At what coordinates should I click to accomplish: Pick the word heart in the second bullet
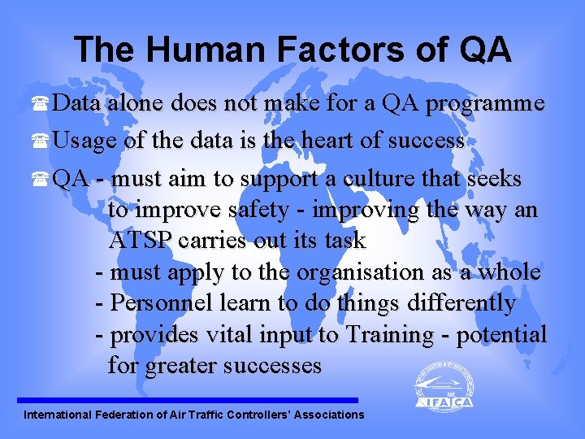click(x=329, y=141)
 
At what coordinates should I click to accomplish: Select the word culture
click(x=409, y=178)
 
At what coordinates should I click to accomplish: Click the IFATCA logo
click(x=444, y=386)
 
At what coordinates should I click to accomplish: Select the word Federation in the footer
click(x=126, y=415)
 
